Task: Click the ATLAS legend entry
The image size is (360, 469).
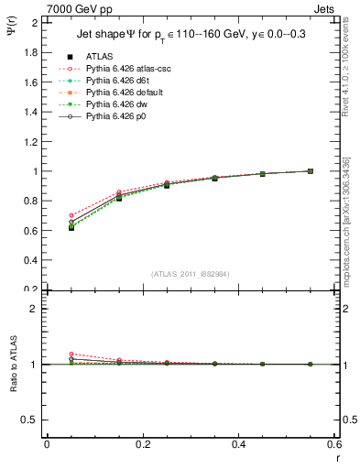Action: pyautogui.click(x=101, y=56)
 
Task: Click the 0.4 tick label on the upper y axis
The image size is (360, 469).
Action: pyautogui.click(x=34, y=260)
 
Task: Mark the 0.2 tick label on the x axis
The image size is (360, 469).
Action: pyautogui.click(x=142, y=444)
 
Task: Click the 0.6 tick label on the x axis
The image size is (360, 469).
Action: pyautogui.click(x=334, y=444)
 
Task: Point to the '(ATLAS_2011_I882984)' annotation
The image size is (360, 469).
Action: pyautogui.click(x=191, y=274)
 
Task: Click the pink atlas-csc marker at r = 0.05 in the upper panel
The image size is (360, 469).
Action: pyautogui.click(x=71, y=215)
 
